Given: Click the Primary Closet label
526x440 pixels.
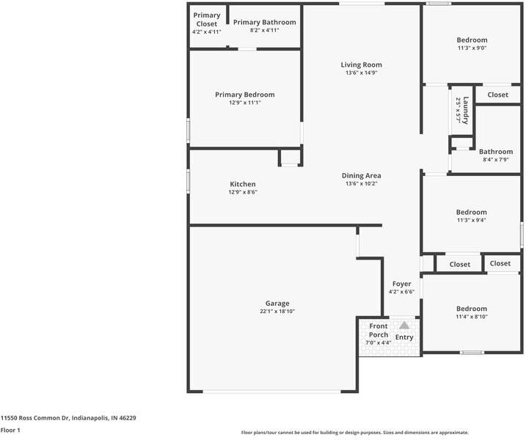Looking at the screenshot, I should pyautogui.click(x=206, y=20).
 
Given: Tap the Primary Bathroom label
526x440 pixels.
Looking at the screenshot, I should pyautogui.click(x=264, y=22).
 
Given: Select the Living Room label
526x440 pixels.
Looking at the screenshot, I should pyautogui.click(x=361, y=65).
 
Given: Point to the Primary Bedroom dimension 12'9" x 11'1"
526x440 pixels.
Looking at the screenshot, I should pyautogui.click(x=244, y=103).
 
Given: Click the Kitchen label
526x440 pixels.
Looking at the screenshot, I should pyautogui.click(x=243, y=184).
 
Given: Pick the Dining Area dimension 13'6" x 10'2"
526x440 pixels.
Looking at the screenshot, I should pyautogui.click(x=361, y=184).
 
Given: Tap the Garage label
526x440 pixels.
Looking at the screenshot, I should pyautogui.click(x=277, y=303).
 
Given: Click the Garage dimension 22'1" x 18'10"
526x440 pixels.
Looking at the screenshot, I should pyautogui.click(x=277, y=311).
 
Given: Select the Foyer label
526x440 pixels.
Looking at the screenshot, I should pyautogui.click(x=401, y=284).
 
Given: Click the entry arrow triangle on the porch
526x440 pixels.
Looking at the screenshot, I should pyautogui.click(x=403, y=325).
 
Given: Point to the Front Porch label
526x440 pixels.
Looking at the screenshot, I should pyautogui.click(x=379, y=330).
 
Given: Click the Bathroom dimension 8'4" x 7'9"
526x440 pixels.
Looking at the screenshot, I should pyautogui.click(x=496, y=160).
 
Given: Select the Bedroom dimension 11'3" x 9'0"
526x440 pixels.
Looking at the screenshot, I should pyautogui.click(x=472, y=48).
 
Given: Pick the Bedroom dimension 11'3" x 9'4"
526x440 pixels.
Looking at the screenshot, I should pyautogui.click(x=472, y=220).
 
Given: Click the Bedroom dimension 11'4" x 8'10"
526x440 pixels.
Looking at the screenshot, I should pyautogui.click(x=472, y=317).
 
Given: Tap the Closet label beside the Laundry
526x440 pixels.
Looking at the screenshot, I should pyautogui.click(x=498, y=95).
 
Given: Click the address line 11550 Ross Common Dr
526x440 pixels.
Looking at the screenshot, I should pyautogui.click(x=67, y=417).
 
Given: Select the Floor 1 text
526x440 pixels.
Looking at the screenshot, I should pyautogui.click(x=10, y=430).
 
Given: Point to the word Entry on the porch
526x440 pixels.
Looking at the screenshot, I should pyautogui.click(x=404, y=337).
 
